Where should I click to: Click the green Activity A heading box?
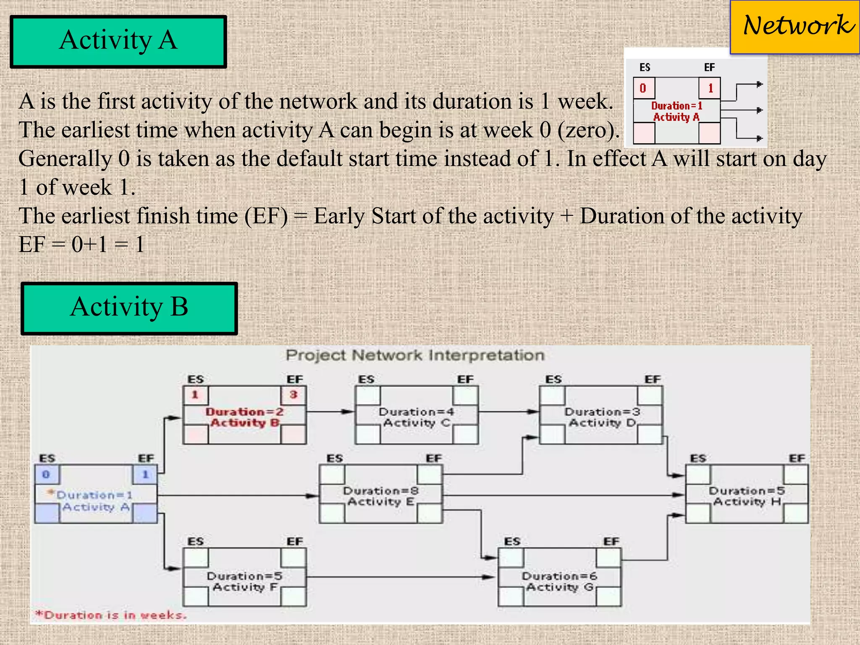click(x=118, y=42)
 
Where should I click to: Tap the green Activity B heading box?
click(x=129, y=308)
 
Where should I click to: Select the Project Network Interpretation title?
click(x=415, y=356)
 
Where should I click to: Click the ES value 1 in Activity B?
click(x=195, y=395)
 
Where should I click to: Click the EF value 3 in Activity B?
click(x=294, y=395)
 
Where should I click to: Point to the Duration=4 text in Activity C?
click(x=416, y=412)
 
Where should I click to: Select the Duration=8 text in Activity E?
click(x=380, y=491)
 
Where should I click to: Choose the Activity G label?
click(x=559, y=587)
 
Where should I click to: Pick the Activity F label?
click(x=245, y=587)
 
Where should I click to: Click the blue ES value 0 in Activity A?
click(x=46, y=475)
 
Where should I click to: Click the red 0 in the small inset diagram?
click(x=643, y=89)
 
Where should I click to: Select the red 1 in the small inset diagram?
click(x=711, y=89)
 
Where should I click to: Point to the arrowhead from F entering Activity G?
click(x=491, y=577)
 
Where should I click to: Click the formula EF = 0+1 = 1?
click(x=82, y=244)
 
